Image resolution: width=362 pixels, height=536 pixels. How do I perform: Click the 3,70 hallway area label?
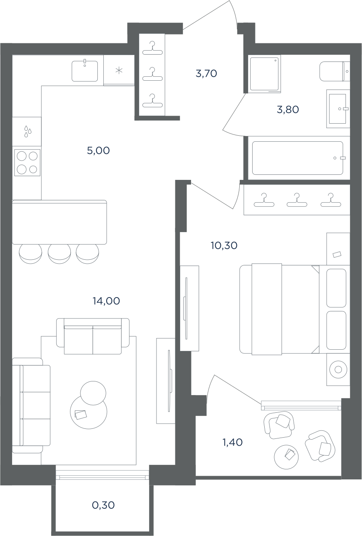[206, 73]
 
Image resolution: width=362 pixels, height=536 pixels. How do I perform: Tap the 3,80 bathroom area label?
[288, 110]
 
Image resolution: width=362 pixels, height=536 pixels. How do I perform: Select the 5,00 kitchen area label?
[98, 151]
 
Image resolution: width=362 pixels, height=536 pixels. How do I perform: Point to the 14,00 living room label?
[106, 301]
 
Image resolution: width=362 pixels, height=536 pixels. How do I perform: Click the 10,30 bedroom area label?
[224, 245]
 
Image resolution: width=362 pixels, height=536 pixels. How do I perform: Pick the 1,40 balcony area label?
[232, 442]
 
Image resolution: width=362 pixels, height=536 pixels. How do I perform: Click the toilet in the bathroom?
[335, 71]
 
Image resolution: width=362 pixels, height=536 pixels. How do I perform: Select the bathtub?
[298, 158]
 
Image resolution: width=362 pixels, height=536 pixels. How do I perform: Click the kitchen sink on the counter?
[84, 71]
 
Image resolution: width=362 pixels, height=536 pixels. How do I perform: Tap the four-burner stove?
[27, 163]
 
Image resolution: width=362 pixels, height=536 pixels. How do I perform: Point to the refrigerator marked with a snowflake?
[119, 70]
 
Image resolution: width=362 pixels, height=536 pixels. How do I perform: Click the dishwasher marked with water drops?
[27, 131]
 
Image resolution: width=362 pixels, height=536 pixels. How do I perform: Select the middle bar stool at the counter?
[59, 254]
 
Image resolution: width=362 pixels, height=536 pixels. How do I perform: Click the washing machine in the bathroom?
[265, 74]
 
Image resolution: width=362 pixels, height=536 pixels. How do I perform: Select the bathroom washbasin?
[338, 109]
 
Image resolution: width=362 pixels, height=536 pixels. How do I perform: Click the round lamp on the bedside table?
[338, 369]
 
